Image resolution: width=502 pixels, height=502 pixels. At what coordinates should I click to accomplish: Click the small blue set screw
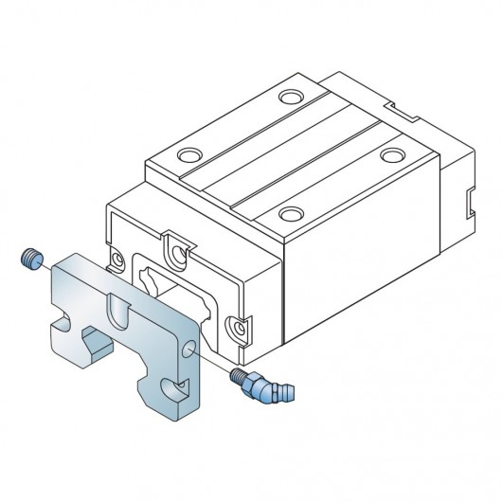(x=30, y=257)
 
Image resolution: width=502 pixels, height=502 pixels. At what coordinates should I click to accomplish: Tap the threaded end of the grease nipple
(x=238, y=375)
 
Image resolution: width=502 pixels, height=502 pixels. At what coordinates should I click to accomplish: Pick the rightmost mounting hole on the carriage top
(x=390, y=153)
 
